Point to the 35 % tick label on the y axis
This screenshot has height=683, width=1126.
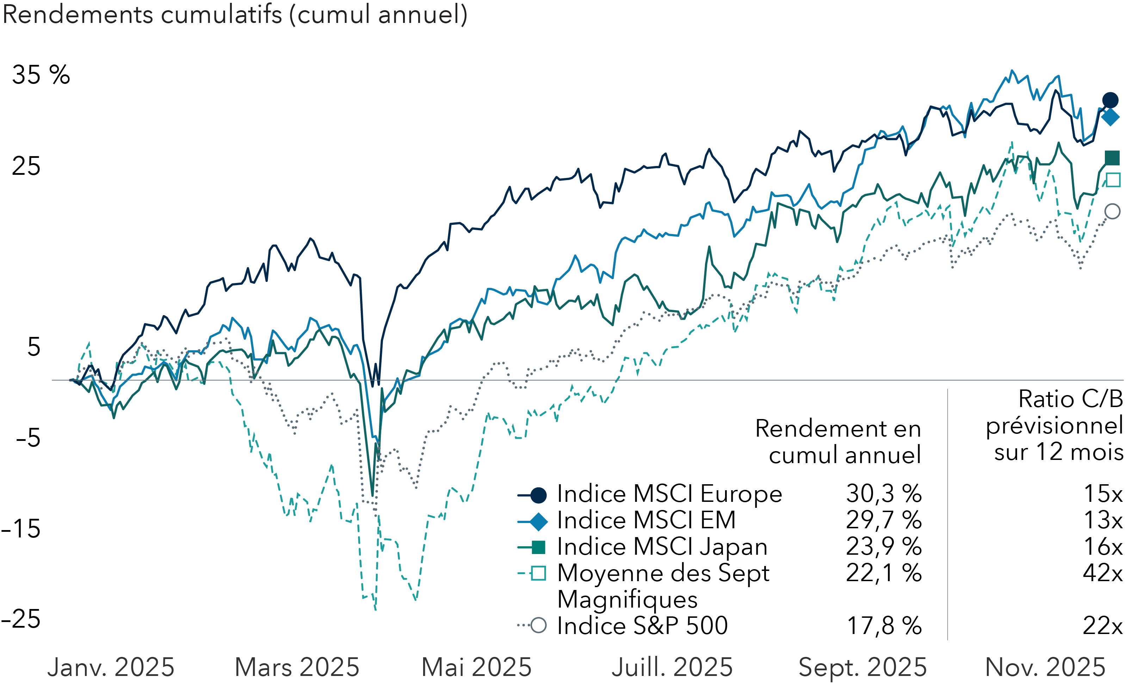(41, 75)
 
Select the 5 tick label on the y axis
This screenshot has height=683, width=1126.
(34, 347)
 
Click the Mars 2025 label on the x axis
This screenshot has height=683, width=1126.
(297, 667)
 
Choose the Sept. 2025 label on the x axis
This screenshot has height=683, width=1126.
(862, 667)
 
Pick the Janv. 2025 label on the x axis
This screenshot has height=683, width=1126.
(111, 667)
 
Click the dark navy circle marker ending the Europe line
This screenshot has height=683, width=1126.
(1110, 100)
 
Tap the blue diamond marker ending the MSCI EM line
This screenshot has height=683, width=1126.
(1110, 117)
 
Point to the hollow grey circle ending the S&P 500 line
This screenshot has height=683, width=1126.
(1112, 211)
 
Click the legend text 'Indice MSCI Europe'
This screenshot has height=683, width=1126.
(669, 494)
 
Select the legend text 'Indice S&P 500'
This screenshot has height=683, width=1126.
(642, 626)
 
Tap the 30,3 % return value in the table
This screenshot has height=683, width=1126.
(883, 494)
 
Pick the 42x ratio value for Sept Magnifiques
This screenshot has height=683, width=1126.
(1102, 573)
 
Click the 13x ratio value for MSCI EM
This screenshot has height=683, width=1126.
(1103, 520)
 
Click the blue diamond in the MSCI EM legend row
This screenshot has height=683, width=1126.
(539, 522)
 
